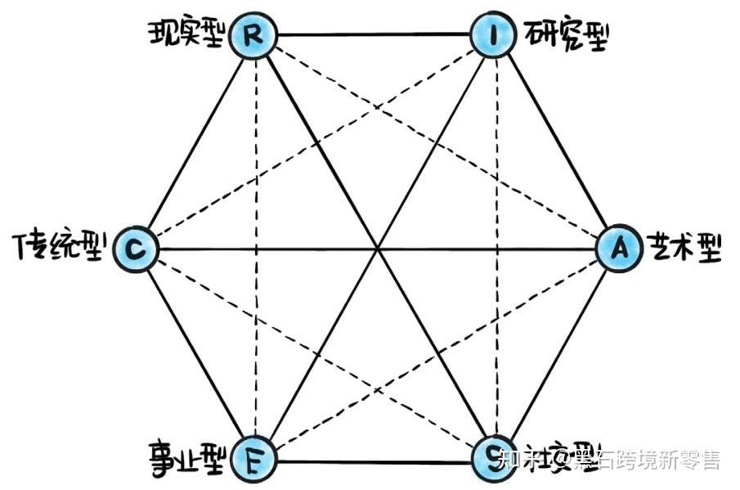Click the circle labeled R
[253, 36]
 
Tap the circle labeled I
[494, 36]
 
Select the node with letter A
[618, 248]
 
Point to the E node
[253, 460]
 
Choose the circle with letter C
[135, 248]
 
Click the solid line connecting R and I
[374, 35]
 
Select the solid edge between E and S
[374, 461]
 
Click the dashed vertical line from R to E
[255, 245]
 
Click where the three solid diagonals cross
[377, 248]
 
